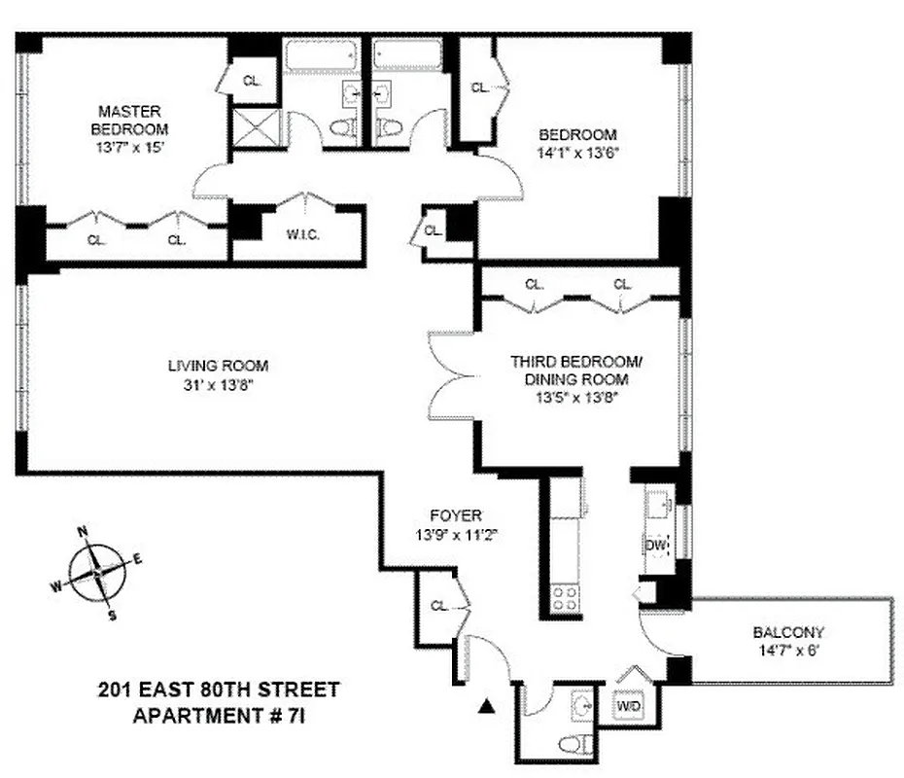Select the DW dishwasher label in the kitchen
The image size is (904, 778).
(656, 547)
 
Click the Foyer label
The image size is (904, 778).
(456, 515)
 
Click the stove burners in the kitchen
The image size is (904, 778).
(565, 597)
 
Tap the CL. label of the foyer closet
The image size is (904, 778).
(439, 606)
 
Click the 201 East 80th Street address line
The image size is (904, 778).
(220, 691)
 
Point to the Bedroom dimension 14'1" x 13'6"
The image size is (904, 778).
(577, 152)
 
